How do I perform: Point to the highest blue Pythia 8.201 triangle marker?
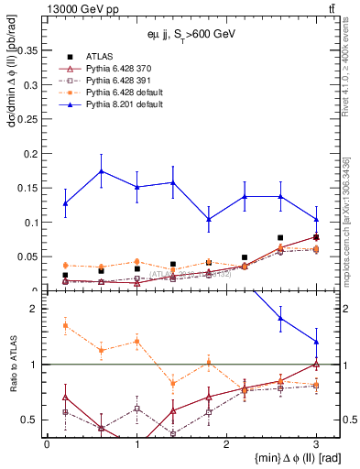pyautogui.click(x=101, y=170)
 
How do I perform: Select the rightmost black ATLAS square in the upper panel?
pyautogui.click(x=316, y=237)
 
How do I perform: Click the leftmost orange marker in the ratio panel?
pyautogui.click(x=65, y=324)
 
